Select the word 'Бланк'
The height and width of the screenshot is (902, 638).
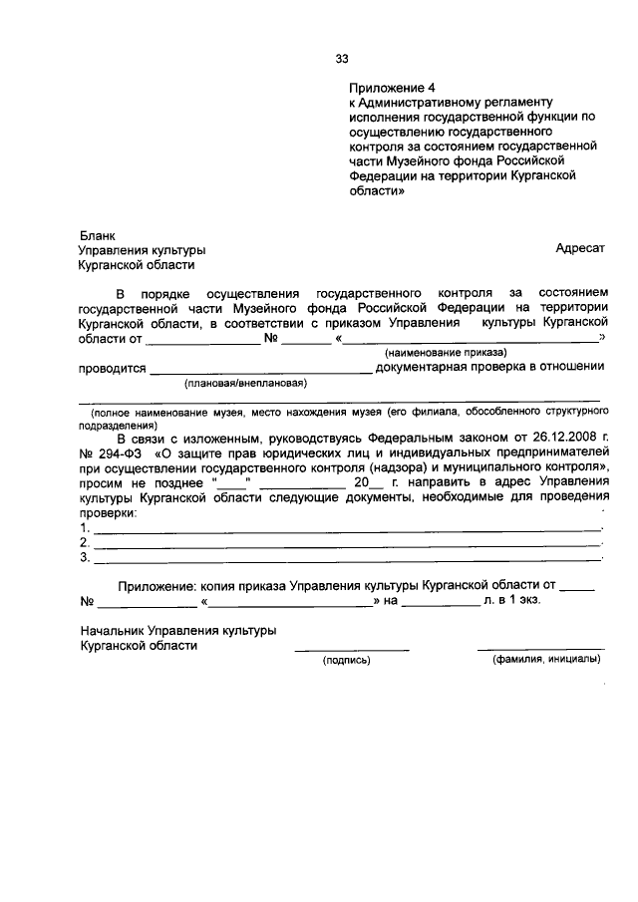tap(97, 236)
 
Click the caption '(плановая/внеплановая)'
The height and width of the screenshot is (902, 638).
tap(245, 383)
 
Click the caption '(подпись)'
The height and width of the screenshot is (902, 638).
tap(345, 660)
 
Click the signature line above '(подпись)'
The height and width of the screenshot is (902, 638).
tap(351, 650)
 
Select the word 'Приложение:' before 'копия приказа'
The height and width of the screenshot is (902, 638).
tap(154, 588)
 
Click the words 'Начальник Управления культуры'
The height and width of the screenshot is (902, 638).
tap(177, 631)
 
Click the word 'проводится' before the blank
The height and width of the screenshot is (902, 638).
tap(112, 367)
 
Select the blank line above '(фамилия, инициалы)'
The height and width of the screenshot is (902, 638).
tap(540, 649)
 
